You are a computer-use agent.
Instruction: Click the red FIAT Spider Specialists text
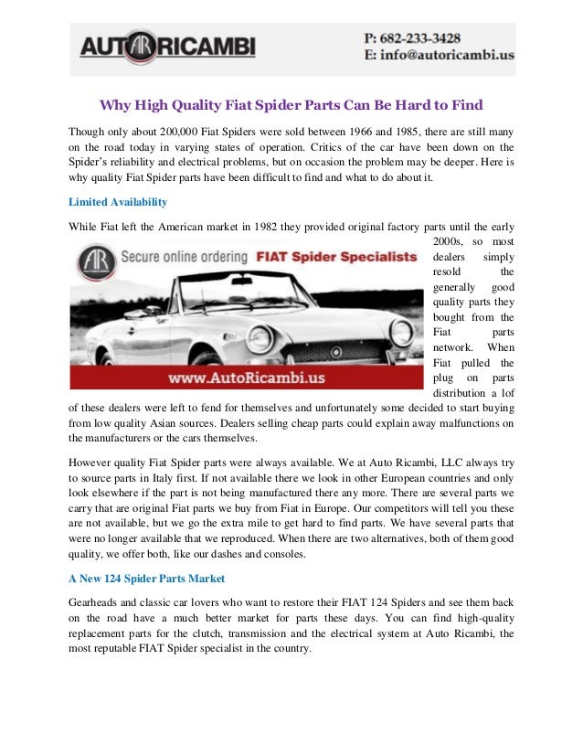(x=337, y=257)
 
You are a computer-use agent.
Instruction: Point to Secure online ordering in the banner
(x=179, y=257)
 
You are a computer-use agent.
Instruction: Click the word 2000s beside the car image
(x=446, y=242)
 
